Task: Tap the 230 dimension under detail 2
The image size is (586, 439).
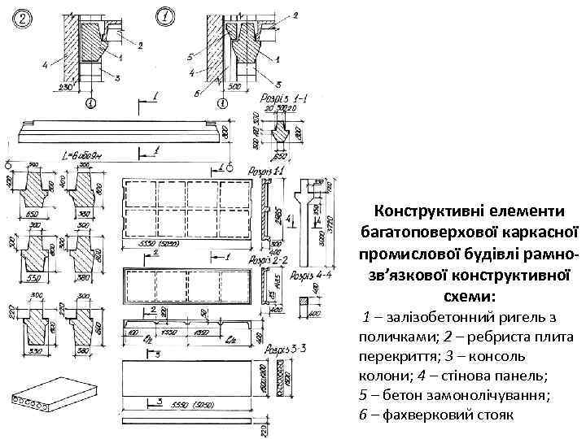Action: coord(64,87)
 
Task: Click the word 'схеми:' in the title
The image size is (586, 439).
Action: coord(468,296)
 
